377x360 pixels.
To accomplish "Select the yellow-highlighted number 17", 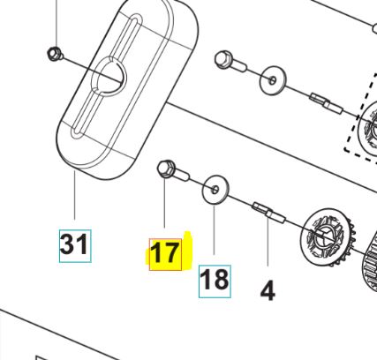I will [165, 253].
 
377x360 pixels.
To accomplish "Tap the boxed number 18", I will [215, 280].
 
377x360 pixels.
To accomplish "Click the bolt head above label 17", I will [165, 169].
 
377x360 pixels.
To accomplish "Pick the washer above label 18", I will [215, 190].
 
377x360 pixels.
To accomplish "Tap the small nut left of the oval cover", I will [54, 56].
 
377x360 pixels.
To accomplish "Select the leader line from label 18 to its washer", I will [215, 234].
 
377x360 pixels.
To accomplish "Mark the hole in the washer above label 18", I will [215, 189].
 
